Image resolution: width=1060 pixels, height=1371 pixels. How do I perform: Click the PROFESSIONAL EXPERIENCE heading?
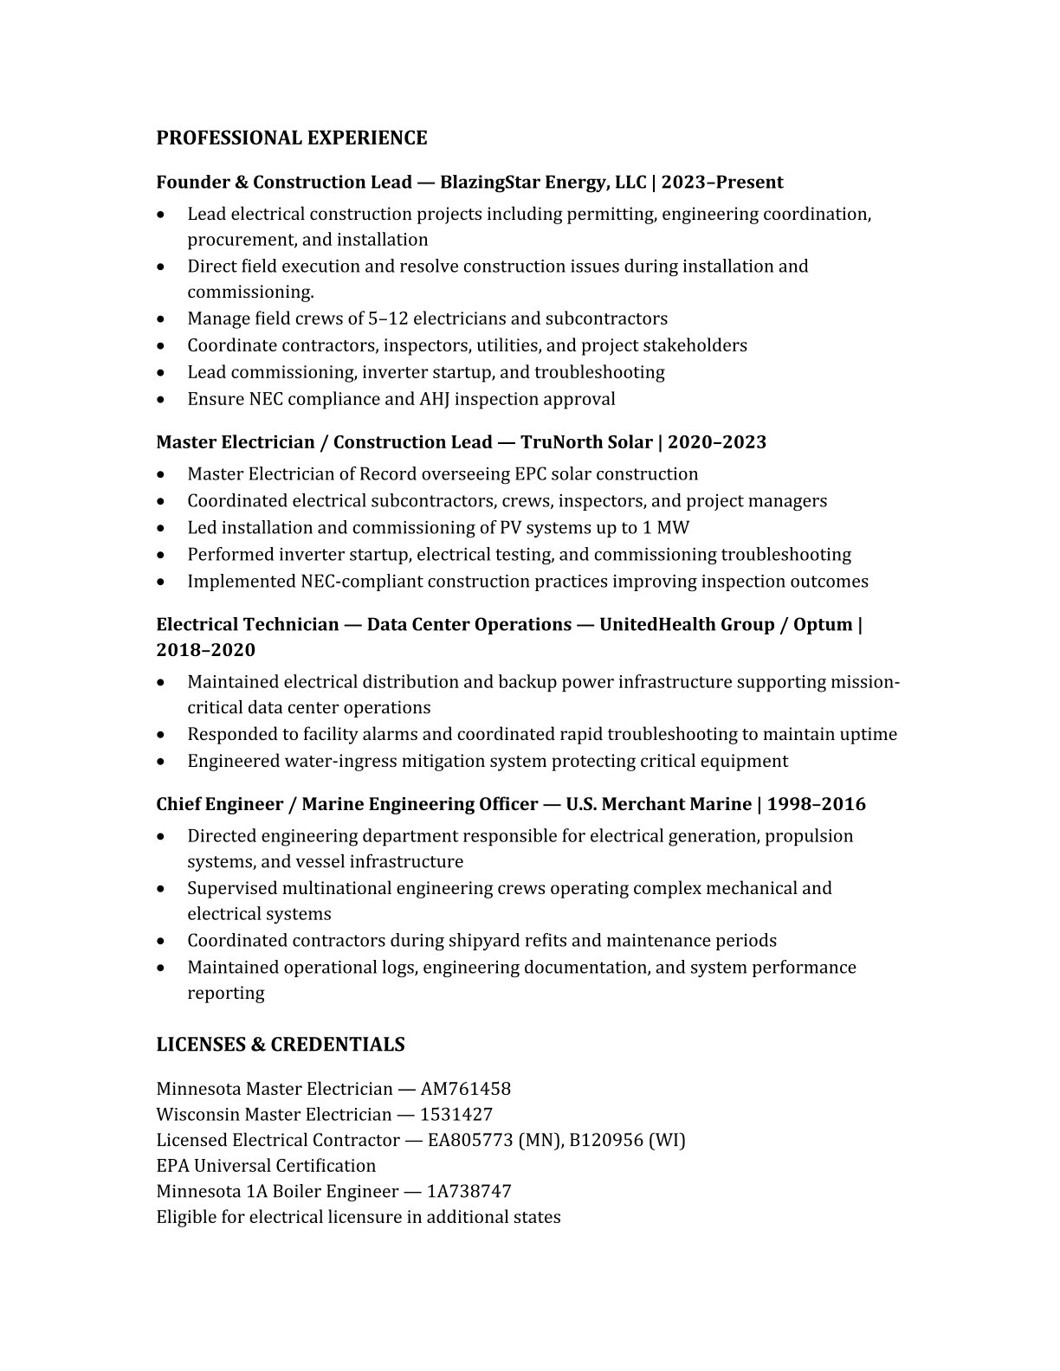(291, 138)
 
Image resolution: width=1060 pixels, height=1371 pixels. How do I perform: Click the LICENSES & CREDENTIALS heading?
(280, 1045)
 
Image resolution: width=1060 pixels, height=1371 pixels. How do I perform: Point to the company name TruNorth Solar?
(586, 442)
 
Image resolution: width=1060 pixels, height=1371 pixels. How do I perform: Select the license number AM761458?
(465, 1089)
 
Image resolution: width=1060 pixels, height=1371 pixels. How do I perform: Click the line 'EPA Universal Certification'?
(266, 1166)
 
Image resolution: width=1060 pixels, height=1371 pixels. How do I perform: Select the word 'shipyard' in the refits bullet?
(481, 941)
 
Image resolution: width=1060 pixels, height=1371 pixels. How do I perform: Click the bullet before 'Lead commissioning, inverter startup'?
(162, 373)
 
